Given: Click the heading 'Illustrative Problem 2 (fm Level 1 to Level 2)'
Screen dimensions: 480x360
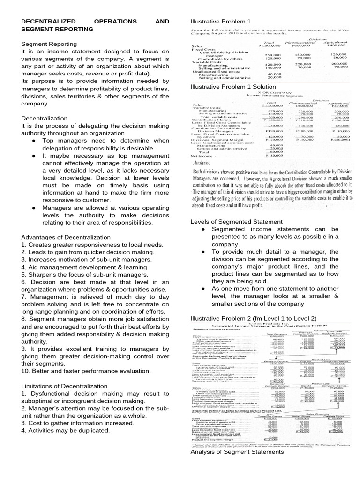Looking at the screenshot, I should (251, 318).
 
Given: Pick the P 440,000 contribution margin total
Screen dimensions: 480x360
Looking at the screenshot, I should (270, 120).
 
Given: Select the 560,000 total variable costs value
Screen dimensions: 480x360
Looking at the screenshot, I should (270, 117).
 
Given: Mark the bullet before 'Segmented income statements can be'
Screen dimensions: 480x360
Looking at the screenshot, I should (202, 229).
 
